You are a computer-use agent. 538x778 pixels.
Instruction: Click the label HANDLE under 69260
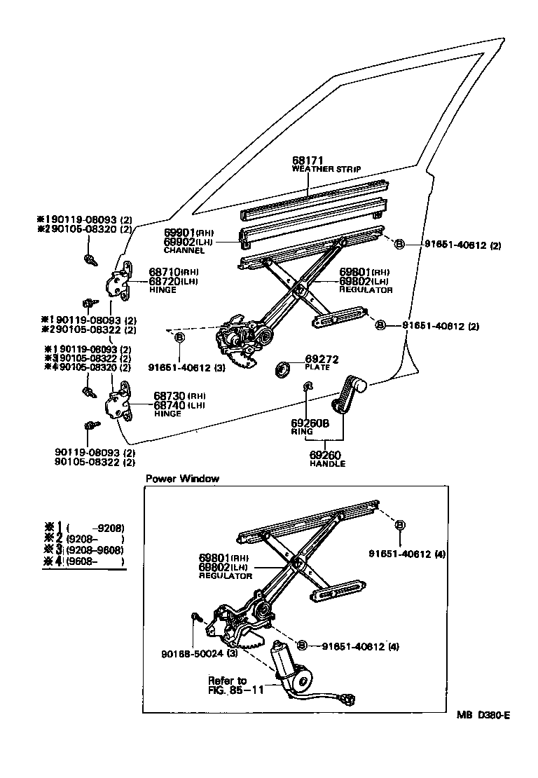[329, 463]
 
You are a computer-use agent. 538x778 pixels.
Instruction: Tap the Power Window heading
[182, 479]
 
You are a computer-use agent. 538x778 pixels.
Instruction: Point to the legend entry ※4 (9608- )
[85, 561]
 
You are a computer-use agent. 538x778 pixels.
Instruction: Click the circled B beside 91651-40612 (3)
[179, 337]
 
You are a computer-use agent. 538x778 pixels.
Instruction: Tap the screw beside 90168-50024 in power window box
[197, 617]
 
